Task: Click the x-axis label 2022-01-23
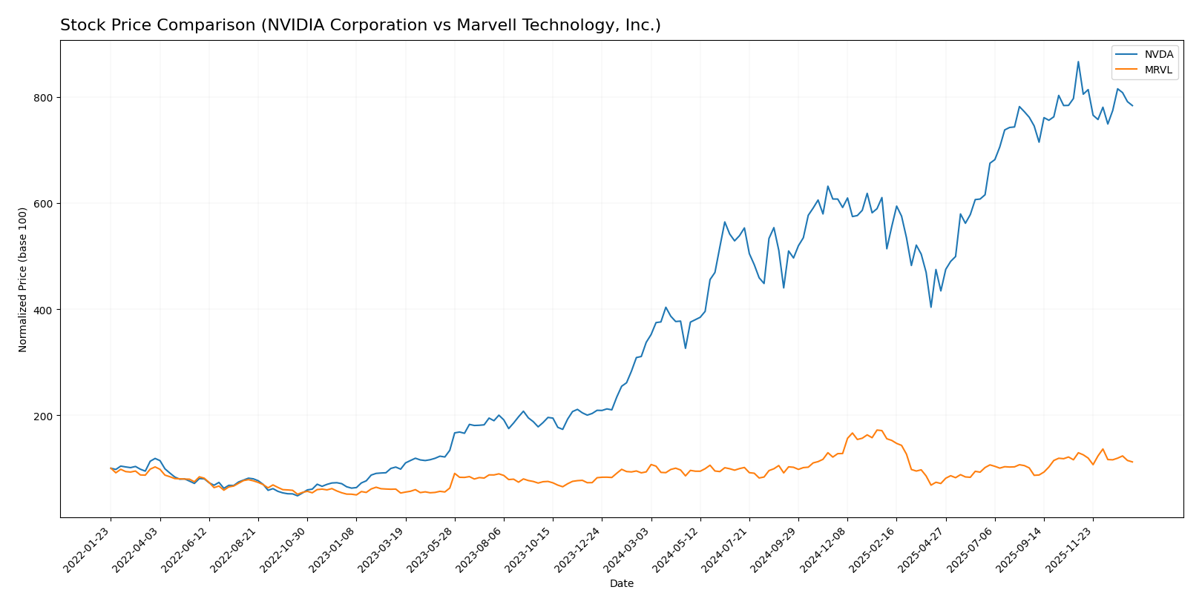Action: coord(88,549)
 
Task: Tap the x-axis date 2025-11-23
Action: coord(1070,549)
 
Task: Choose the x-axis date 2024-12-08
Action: coord(824,549)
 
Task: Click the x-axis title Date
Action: coord(621,584)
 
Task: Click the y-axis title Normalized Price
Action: coord(23,279)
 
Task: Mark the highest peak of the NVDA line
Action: coord(1078,62)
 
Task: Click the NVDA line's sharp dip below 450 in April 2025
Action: coord(930,307)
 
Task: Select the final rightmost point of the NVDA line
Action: coord(1132,106)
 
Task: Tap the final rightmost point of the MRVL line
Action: coord(1132,462)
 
